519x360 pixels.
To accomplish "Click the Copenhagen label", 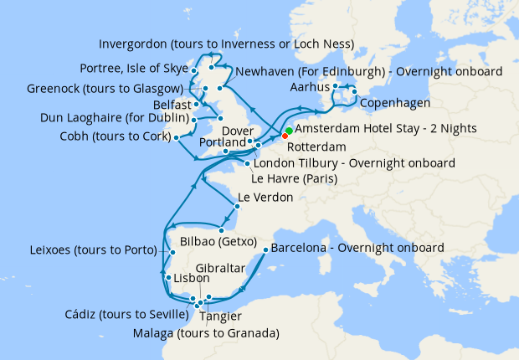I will tap(395, 103).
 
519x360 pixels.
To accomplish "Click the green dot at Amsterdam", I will tap(289, 131).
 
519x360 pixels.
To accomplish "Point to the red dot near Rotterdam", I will tap(285, 136).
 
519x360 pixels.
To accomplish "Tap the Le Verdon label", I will tap(265, 198).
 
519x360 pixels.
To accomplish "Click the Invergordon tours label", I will tap(226, 44).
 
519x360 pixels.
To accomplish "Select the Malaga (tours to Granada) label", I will tap(206, 334).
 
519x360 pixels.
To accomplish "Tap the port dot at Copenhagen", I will tap(354, 91).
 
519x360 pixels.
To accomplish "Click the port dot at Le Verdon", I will tap(232, 199).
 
